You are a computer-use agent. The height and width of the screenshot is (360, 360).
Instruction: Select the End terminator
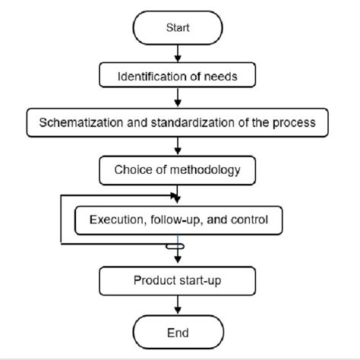pos(178,333)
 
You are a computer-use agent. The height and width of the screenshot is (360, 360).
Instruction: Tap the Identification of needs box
pos(178,75)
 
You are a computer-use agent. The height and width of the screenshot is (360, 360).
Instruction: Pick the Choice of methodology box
pos(178,169)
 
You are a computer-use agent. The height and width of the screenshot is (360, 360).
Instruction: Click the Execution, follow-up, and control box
pos(178,221)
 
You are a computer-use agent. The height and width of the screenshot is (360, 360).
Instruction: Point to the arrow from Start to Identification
pos(178,53)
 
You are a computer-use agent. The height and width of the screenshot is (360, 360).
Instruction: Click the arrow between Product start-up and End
pos(178,306)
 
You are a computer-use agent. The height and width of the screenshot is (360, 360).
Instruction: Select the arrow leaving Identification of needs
pos(178,97)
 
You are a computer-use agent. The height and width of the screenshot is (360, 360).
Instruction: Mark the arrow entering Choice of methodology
pos(178,144)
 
